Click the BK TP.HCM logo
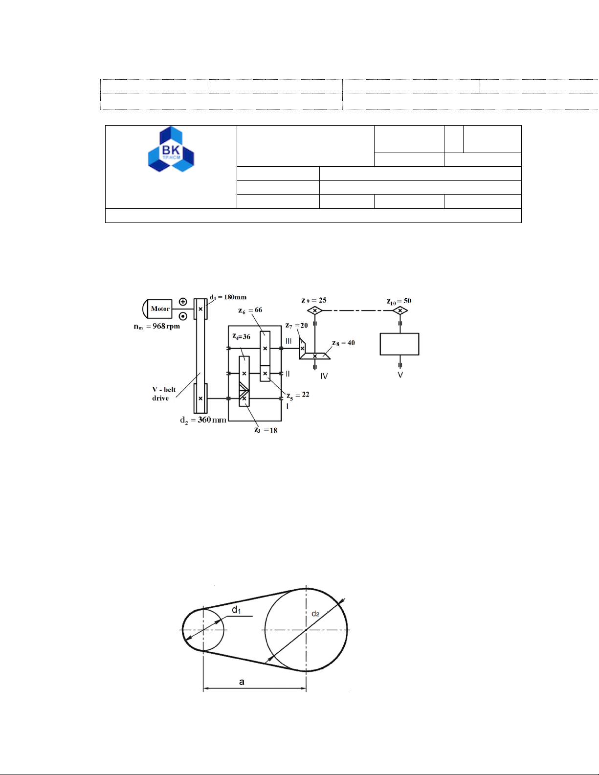(x=171, y=149)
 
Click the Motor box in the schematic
(x=160, y=309)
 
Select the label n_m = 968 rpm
(x=157, y=327)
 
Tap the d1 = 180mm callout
(x=228, y=297)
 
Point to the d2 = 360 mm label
(x=203, y=420)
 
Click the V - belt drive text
(x=164, y=394)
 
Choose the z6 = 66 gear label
(x=250, y=310)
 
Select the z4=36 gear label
(x=242, y=336)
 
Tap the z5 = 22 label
(x=298, y=395)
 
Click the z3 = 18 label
(x=266, y=430)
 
